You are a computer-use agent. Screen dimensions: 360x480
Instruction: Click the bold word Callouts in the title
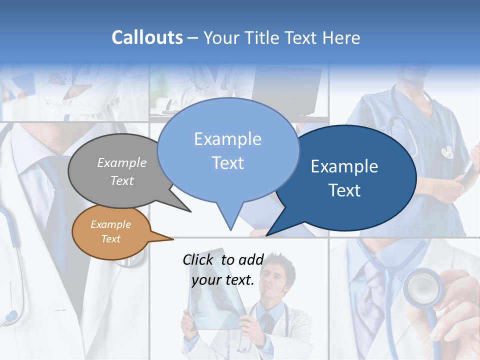(147, 37)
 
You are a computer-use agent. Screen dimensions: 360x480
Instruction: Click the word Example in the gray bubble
(122, 162)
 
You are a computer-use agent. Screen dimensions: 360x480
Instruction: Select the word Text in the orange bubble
(111, 239)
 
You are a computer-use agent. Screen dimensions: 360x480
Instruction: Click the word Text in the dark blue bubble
(345, 190)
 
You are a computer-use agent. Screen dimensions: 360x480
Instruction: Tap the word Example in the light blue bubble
(227, 139)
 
